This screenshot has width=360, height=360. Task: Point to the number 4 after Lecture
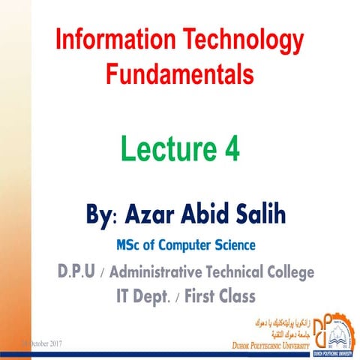231,149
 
